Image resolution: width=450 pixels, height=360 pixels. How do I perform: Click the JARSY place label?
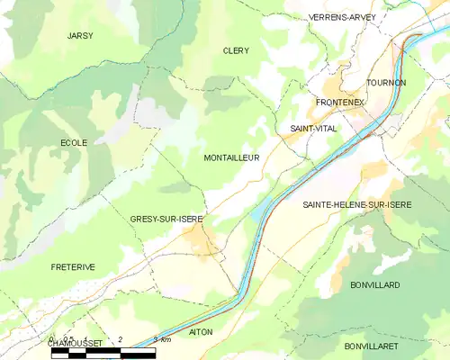[x=80, y=35]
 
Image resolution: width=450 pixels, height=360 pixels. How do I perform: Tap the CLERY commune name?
[x=236, y=51]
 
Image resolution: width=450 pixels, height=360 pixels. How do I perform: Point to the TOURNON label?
[x=388, y=83]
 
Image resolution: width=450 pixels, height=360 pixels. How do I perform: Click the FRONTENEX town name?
[x=339, y=103]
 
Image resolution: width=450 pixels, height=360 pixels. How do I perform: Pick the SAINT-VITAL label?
[x=313, y=129]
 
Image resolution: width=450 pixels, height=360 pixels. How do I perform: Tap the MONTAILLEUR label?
[x=232, y=157]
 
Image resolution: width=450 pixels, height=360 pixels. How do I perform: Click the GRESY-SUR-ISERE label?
[x=166, y=219]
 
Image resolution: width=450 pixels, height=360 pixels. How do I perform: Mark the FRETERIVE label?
[x=73, y=266]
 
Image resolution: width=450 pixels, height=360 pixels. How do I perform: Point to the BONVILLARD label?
[x=375, y=284]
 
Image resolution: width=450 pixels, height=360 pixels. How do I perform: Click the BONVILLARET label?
[x=377, y=346]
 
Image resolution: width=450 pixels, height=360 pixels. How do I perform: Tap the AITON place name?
[x=201, y=332]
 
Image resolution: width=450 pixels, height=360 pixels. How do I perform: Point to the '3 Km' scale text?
[x=162, y=339]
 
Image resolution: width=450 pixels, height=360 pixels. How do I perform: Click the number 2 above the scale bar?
[x=120, y=339]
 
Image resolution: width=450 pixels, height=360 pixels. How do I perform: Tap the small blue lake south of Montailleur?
[x=257, y=213]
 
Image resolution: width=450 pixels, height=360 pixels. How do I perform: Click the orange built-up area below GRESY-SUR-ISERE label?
[x=197, y=238]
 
